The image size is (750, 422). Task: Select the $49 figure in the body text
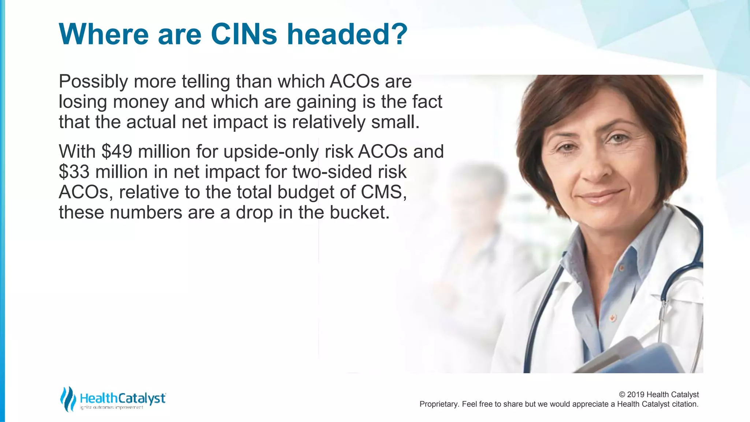point(117,151)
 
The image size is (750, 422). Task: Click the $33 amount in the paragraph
point(74,172)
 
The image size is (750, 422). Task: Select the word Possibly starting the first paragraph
point(93,81)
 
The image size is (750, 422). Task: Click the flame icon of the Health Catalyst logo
point(67,399)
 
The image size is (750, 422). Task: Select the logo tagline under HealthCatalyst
point(111,407)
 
